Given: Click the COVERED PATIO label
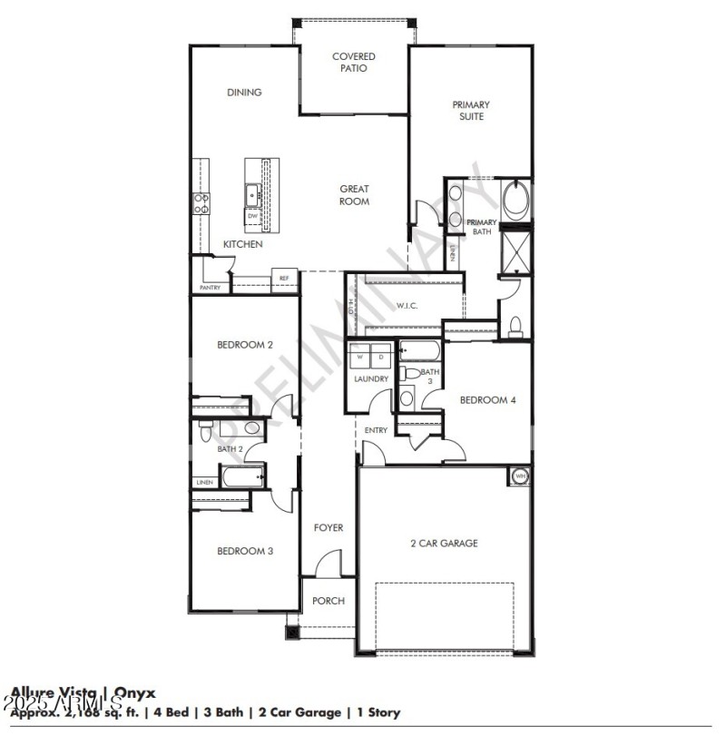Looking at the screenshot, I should pos(353,63).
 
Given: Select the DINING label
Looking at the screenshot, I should pos(244,92).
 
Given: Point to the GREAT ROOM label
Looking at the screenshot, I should pos(355,195).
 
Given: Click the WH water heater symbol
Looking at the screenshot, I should pos(521,476).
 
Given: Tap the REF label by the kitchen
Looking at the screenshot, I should pos(284,279).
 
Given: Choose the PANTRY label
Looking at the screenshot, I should pos(210,288).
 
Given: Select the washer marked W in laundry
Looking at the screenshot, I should pos(359,356).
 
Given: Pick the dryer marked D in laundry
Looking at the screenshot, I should pos(381,356).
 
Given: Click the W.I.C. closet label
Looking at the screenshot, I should pos(407,305).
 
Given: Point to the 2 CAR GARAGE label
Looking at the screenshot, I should pos(444,544).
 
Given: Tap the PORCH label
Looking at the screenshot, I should pos(328,601).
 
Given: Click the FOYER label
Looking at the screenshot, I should pos(328,527).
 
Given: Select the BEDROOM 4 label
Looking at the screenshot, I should pos(487,400).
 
